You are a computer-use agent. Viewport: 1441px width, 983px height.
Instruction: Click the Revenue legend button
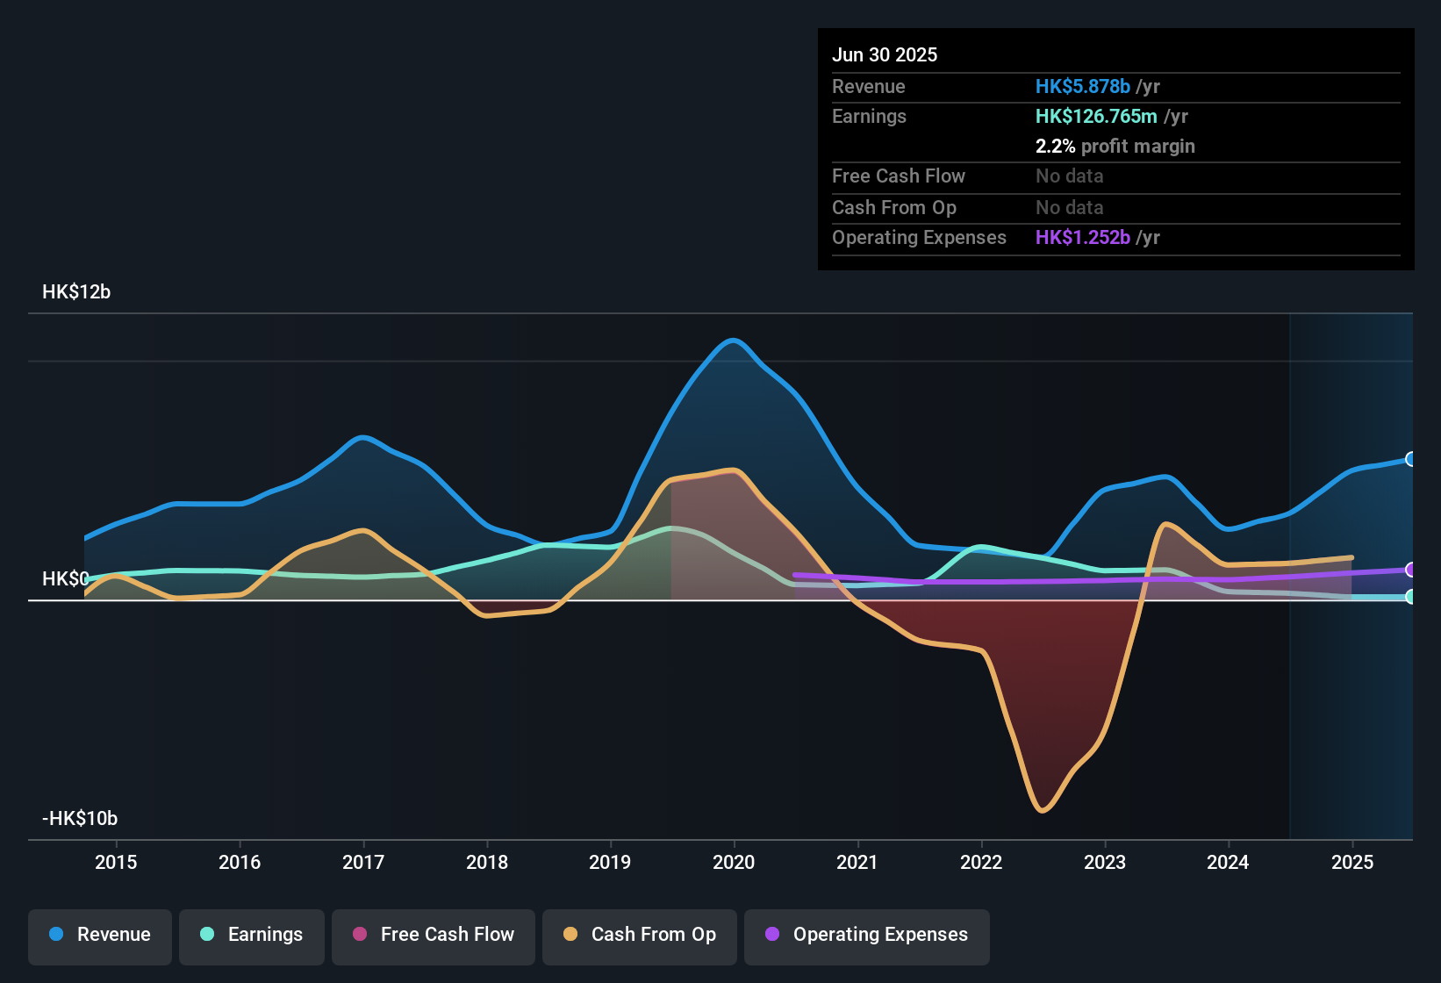tap(100, 935)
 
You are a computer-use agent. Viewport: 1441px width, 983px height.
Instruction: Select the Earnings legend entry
tap(252, 935)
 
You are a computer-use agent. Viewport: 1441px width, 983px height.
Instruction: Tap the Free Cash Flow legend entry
tap(434, 935)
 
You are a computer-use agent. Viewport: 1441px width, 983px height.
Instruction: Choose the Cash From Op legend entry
tap(640, 935)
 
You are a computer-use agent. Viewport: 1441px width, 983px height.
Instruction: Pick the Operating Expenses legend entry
tap(867, 935)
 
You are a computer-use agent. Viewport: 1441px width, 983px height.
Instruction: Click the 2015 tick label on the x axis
tap(116, 862)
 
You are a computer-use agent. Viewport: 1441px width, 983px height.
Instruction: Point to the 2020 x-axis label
tap(734, 862)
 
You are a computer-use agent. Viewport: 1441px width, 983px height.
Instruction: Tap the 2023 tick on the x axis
tap(1105, 862)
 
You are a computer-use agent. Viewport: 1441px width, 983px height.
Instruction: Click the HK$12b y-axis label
tap(76, 292)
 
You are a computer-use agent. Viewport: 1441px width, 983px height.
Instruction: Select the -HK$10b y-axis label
tap(80, 819)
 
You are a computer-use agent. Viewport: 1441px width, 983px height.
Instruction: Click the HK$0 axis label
tap(65, 579)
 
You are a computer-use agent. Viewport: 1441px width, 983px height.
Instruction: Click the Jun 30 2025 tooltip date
tap(885, 54)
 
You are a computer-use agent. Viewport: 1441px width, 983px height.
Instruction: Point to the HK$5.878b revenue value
tap(1082, 86)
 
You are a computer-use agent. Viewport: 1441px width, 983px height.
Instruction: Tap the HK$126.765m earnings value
tap(1096, 116)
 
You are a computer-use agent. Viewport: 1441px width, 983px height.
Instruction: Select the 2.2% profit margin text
tap(1115, 146)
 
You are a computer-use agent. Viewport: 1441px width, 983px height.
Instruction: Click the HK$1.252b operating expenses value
tap(1082, 237)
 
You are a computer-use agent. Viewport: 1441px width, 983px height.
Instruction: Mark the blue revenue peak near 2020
tap(733, 340)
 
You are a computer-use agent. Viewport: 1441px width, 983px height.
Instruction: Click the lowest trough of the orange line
tap(1043, 810)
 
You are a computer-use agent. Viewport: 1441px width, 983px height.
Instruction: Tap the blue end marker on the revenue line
tap(1410, 459)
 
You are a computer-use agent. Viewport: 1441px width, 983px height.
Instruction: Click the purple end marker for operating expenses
tap(1410, 570)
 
